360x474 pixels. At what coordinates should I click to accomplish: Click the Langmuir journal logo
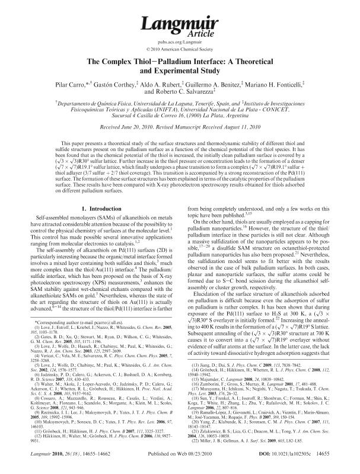(x=180, y=23)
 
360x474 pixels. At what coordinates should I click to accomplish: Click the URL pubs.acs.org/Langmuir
(x=180, y=41)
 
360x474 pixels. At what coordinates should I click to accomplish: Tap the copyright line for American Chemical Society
(x=180, y=49)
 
